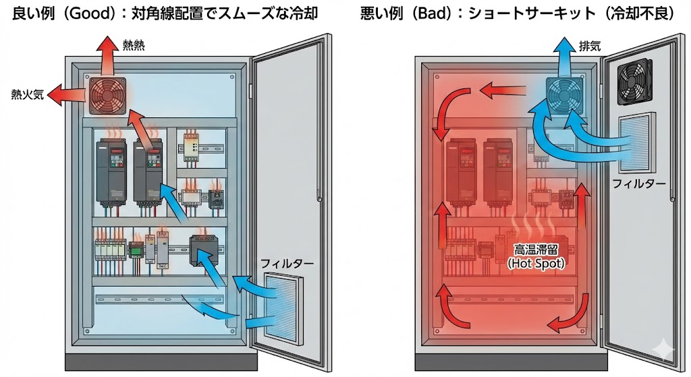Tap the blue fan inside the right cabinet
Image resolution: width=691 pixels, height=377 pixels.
(565, 95)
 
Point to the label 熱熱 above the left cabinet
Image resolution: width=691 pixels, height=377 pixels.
(133, 46)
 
